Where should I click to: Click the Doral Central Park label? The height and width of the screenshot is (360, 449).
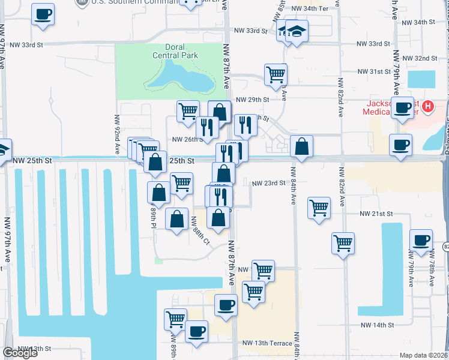(x=175, y=52)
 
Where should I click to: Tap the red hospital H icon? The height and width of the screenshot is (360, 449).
(x=427, y=107)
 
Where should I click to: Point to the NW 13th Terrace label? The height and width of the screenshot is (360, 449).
(x=267, y=343)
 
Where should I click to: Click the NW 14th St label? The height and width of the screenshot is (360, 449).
(x=377, y=325)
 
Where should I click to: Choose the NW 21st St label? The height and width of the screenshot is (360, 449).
(x=376, y=214)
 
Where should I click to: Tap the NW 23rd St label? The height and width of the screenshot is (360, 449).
(x=267, y=183)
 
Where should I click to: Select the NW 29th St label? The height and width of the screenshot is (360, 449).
(x=251, y=100)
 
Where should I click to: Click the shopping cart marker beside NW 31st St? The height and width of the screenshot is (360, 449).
(x=276, y=74)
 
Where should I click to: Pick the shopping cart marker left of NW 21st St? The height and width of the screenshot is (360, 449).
(x=319, y=208)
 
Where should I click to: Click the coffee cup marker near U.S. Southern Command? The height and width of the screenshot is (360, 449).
(x=43, y=14)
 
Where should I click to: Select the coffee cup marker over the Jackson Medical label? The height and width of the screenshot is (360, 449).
(x=402, y=107)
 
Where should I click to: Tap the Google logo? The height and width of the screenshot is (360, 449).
(x=20, y=353)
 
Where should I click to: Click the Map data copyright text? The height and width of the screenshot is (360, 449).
(x=424, y=355)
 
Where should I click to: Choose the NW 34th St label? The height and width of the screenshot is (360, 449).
(x=418, y=22)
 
